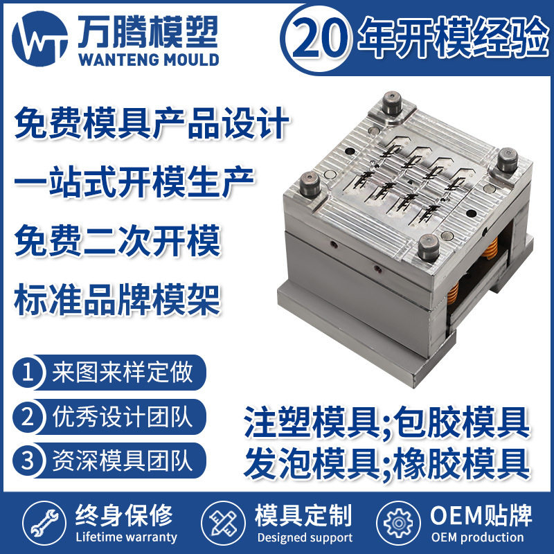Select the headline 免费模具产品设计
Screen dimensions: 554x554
pyautogui.click(x=151, y=126)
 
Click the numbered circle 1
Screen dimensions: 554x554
pyautogui.click(x=28, y=374)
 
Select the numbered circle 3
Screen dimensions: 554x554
pyautogui.click(x=28, y=461)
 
